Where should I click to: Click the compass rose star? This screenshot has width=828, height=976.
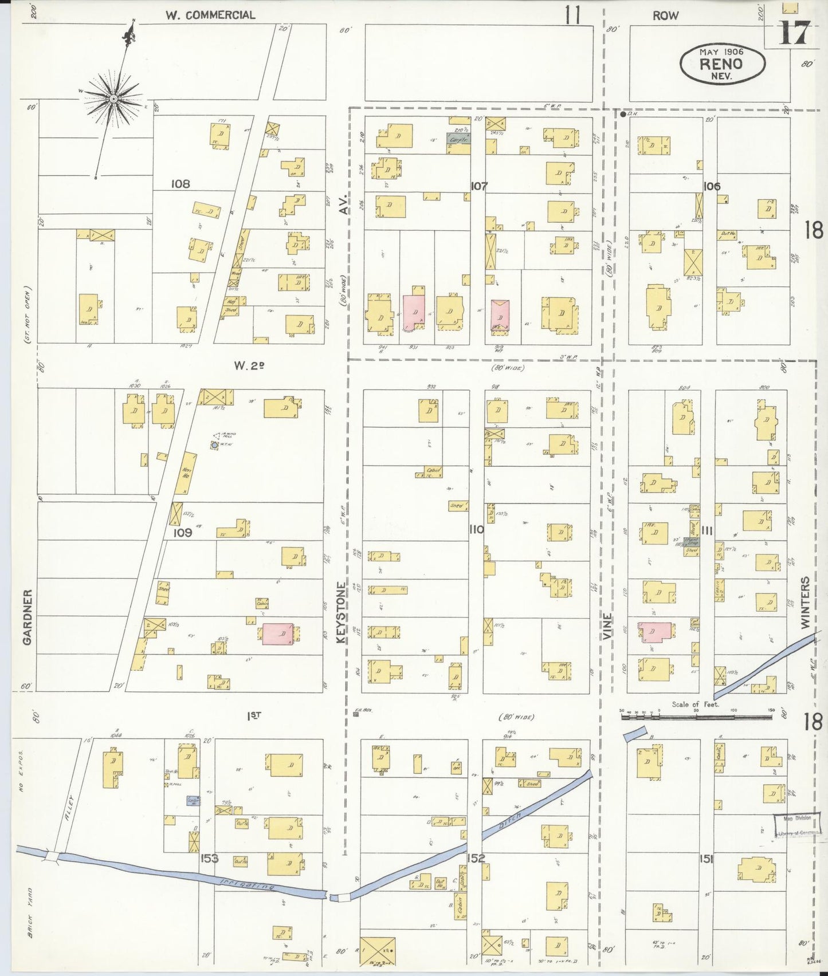click(x=113, y=100)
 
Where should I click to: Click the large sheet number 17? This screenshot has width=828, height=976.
click(x=795, y=33)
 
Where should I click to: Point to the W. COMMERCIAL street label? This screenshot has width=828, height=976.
click(x=210, y=15)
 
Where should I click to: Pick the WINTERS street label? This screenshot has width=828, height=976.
click(x=806, y=603)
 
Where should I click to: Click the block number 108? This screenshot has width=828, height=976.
click(x=180, y=184)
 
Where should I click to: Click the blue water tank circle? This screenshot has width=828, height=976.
click(x=214, y=444)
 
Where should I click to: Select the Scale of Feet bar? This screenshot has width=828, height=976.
click(x=696, y=715)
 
